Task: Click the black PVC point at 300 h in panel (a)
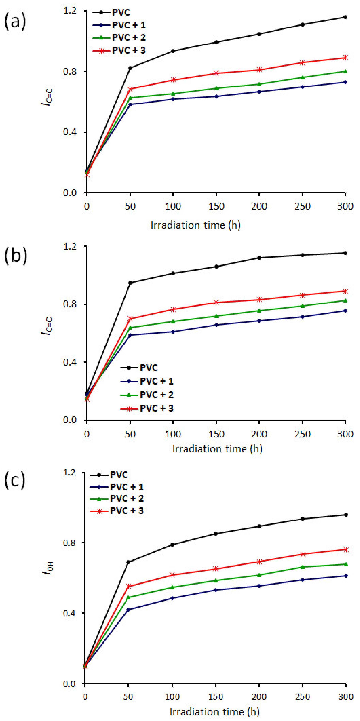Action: pos(345,17)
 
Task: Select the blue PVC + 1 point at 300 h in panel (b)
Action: pos(345,311)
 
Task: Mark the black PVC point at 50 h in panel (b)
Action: pos(130,283)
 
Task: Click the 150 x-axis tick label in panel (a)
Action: pos(216,207)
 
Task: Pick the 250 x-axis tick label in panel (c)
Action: pos(302,696)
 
